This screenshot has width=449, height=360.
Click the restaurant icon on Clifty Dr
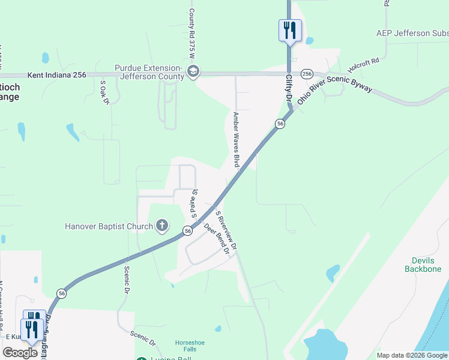point(290,29)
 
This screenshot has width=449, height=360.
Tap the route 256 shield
point(307,73)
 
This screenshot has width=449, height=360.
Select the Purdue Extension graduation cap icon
point(193,73)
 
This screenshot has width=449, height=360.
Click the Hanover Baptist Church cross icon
point(161,226)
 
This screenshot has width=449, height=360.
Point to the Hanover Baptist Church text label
point(109,227)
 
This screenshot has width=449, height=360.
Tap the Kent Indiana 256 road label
point(57,75)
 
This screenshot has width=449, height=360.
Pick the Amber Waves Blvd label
point(236,139)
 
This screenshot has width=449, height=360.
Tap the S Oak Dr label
point(104,92)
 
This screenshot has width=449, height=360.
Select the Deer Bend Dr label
point(217,239)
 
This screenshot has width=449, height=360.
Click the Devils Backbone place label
point(427,265)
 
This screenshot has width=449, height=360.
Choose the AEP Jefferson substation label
point(412,33)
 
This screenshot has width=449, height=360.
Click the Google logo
point(20,353)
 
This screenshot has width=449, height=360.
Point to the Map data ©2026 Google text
point(412,355)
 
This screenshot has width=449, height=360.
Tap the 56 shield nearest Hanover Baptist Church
point(188,230)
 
